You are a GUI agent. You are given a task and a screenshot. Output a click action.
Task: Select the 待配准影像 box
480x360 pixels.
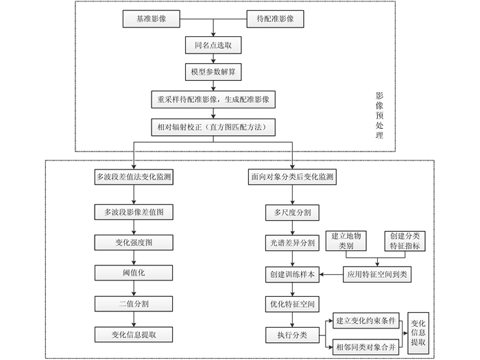pos(275,20)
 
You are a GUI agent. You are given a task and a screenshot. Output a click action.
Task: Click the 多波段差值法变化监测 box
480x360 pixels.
pos(134,177)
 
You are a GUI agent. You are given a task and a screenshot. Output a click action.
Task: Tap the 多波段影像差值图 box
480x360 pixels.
pos(134,213)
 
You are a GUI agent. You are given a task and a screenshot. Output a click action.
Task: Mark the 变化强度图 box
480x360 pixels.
pos(134,243)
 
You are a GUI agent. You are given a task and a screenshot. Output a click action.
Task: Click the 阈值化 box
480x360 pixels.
pos(134,273)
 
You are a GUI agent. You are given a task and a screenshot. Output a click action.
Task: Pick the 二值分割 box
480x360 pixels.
pos(134,303)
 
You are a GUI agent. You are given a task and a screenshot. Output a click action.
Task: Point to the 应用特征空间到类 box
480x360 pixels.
pos(378,274)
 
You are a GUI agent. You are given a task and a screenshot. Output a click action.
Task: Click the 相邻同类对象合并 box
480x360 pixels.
pos(367,348)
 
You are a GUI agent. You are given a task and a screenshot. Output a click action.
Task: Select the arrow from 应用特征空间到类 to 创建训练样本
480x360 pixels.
pos(331,274)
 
